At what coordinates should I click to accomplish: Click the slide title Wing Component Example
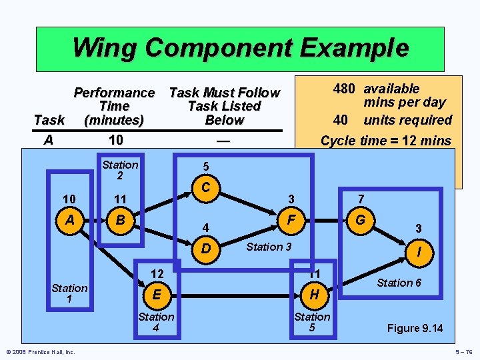[240, 48]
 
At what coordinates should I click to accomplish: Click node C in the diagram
[206, 188]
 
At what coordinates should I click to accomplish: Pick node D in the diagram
[206, 249]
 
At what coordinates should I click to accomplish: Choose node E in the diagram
[156, 294]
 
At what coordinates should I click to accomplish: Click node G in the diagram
[361, 219]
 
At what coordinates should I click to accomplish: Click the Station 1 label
[69, 294]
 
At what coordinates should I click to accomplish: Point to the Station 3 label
[269, 247]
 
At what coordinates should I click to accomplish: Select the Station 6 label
[399, 283]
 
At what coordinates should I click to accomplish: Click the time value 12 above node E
[157, 273]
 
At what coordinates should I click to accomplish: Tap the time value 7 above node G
[361, 199]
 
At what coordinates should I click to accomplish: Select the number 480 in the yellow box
[344, 89]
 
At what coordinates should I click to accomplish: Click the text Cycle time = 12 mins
[385, 141]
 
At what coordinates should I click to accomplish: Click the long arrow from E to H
[233, 294]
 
